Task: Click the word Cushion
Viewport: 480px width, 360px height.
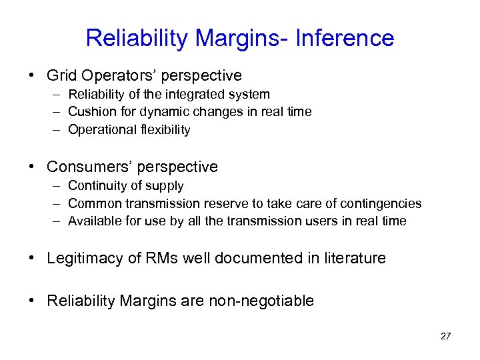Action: click(x=91, y=112)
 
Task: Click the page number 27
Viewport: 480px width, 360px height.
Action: click(x=445, y=336)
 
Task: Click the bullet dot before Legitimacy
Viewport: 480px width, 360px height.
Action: click(x=33, y=258)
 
